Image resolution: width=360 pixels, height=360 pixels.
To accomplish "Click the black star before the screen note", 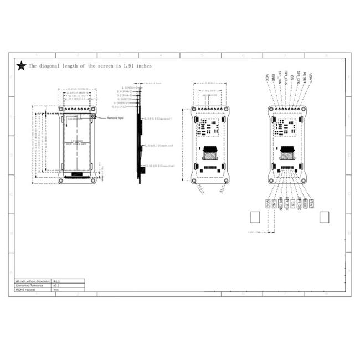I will point(21,66).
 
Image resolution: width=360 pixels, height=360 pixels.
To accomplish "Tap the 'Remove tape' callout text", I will point(115,119).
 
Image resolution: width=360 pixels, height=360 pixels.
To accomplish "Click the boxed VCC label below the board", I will point(269,203).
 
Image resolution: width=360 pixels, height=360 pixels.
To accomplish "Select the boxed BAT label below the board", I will point(311,203).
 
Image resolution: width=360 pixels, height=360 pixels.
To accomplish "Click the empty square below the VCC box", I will point(255,217).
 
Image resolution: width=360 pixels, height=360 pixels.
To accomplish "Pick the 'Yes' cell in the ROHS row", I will point(56,290).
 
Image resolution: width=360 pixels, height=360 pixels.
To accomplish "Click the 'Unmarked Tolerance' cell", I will point(33,285).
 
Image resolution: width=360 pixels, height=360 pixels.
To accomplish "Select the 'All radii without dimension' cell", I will point(33,281).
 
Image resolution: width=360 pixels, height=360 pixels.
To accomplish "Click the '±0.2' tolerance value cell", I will point(56,285).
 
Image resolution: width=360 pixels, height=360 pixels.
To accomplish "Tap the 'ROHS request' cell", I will point(33,290).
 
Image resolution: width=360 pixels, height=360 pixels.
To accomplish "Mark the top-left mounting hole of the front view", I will point(61,110).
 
